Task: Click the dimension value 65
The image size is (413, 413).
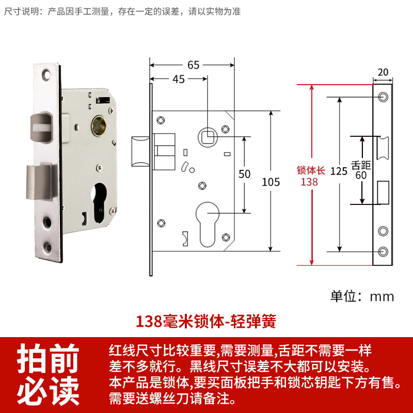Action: coord(194,65)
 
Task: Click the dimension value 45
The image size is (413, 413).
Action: coord(179,79)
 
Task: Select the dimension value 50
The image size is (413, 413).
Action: coord(244,174)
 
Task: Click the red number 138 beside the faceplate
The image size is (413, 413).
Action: coord(310,182)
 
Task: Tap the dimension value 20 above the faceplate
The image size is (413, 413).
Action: coord(383,72)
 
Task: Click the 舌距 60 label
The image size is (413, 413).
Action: coord(361,170)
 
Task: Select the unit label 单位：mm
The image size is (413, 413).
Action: coord(362,296)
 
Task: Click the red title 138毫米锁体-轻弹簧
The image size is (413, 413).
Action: coord(206,321)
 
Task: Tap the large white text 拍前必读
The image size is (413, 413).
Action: coord(49,374)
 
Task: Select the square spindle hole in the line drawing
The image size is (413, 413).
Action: coord(208,137)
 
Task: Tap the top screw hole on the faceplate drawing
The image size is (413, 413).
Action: coord(383,97)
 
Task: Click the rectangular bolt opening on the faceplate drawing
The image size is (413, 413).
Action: coord(383,193)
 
